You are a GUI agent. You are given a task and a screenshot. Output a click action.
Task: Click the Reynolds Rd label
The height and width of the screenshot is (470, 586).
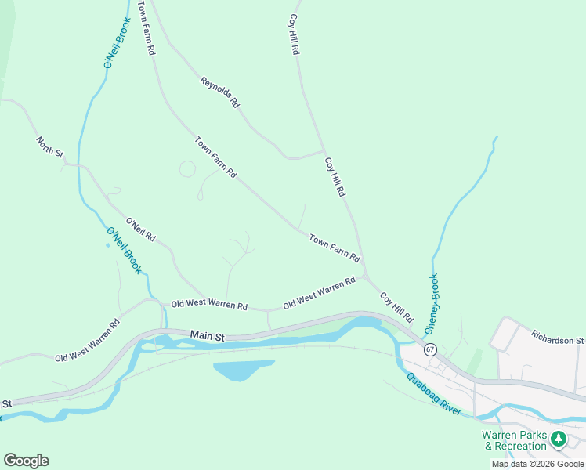click(219, 92)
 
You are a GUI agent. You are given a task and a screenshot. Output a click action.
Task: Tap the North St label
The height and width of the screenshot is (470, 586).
click(49, 146)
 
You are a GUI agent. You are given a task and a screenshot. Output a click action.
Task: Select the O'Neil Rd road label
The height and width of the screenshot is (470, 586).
click(141, 230)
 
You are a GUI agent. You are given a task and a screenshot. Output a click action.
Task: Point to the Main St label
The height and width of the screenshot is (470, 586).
click(208, 335)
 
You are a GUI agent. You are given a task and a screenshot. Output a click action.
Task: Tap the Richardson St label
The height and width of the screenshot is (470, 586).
click(558, 341)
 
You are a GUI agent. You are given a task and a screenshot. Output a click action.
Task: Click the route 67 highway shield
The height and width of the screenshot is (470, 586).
click(430, 349)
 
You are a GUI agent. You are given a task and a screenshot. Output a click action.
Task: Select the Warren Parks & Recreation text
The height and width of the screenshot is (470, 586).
click(514, 440)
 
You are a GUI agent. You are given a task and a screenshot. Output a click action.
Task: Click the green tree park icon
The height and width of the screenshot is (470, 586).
click(558, 439)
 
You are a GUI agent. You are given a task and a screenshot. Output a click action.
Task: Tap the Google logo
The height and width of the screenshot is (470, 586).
click(26, 460)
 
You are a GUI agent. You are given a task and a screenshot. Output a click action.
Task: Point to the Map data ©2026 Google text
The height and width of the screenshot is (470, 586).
click(537, 464)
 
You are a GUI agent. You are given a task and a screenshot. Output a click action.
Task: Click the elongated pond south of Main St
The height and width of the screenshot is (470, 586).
click(241, 369)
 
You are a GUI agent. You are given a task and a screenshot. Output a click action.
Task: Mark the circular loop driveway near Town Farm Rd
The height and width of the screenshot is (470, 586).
click(187, 168)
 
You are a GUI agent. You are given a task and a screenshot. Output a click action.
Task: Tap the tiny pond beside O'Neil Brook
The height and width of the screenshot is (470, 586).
click(107, 244)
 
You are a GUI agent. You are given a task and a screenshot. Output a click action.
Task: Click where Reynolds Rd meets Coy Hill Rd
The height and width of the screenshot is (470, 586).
click(324, 151)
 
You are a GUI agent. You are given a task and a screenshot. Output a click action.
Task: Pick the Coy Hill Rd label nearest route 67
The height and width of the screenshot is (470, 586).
click(396, 308)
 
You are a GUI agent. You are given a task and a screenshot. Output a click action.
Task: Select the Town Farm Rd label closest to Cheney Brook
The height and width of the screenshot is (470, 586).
click(334, 248)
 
